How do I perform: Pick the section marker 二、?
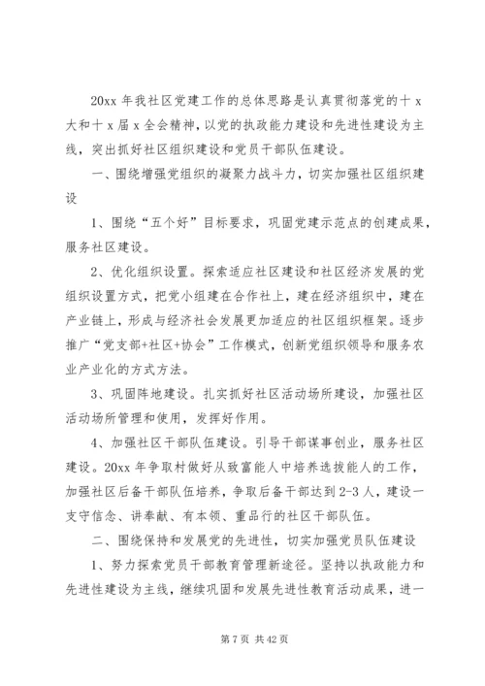(x=101, y=512)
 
